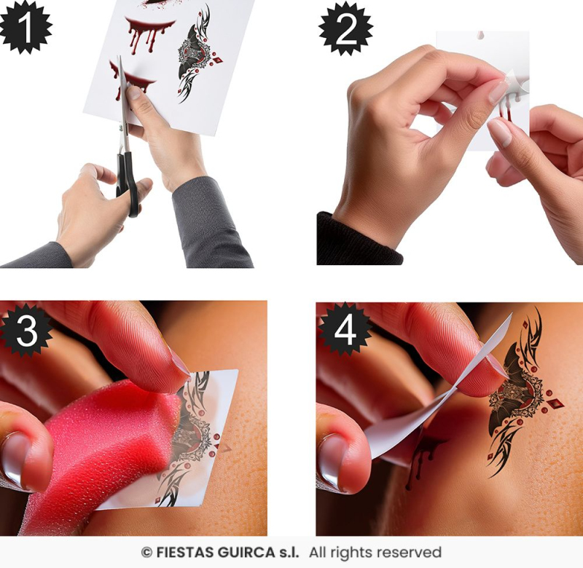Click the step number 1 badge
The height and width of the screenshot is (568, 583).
[26, 27]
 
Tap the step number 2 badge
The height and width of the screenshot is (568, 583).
[345, 28]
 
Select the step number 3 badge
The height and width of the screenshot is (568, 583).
[26, 330]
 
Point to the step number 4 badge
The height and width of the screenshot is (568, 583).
[345, 329]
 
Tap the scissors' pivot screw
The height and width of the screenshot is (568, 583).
[121, 127]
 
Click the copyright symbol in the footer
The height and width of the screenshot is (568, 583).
[146, 553]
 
